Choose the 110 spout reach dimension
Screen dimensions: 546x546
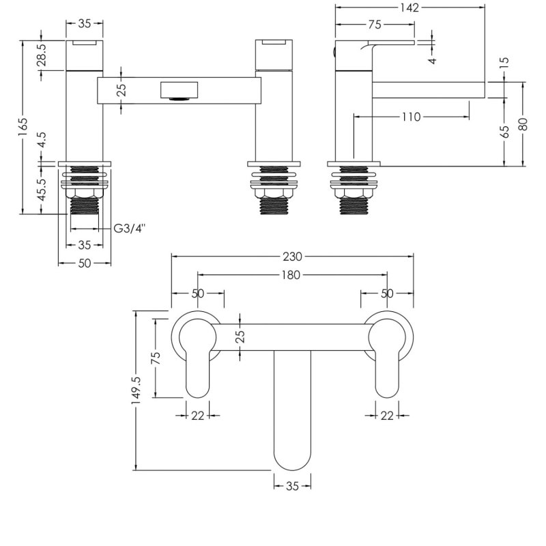410,117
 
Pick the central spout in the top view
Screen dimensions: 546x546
292,409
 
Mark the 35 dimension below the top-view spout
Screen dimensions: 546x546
293,487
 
